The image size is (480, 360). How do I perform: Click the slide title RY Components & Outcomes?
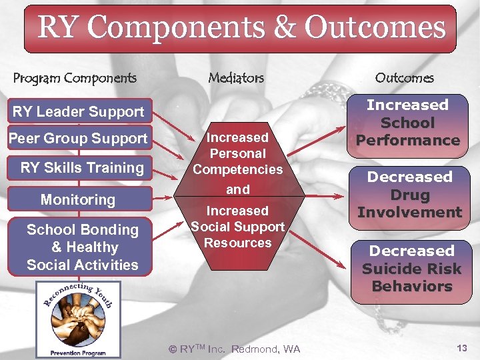(241, 28)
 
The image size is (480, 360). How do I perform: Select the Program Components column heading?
(75, 78)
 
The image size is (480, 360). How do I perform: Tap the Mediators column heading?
(236, 78)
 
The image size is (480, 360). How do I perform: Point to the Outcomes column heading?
(404, 78)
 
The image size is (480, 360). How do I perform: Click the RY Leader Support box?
(78, 111)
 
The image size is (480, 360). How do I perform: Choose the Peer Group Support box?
(78, 139)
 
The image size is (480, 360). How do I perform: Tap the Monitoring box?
(78, 199)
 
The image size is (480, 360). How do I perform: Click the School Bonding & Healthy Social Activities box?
(82, 247)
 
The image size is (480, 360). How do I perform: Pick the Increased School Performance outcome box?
(407, 123)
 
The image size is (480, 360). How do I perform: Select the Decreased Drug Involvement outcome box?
(409, 195)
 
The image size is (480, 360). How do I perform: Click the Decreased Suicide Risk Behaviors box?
(411, 269)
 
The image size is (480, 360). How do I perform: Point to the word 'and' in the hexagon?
(237, 189)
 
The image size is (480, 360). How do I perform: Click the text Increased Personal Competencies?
(237, 153)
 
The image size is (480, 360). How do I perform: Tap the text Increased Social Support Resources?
(237, 227)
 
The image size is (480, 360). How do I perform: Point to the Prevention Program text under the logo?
(78, 352)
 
